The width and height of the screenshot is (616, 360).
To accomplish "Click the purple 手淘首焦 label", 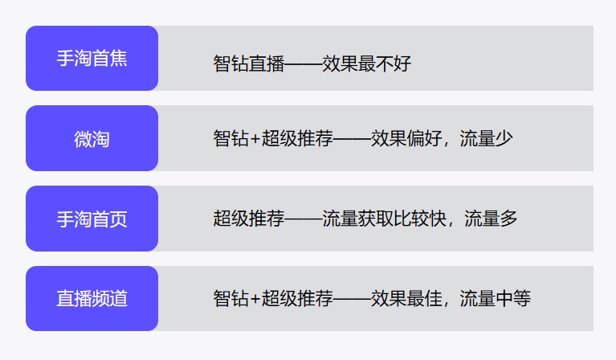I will tap(92, 59).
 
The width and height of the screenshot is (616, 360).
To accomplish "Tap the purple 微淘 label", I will tap(92, 139).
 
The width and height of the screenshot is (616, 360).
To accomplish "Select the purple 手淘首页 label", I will tap(92, 219).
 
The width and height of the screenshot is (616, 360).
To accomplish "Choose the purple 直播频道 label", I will tap(92, 299).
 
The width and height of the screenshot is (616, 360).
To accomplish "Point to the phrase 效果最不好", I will tap(366, 63).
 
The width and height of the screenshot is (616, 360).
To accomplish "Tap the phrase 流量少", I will tap(486, 138).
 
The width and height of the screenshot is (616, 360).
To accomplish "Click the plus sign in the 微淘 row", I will tap(255, 138).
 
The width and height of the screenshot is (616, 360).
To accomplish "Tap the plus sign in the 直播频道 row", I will tap(255, 299).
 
